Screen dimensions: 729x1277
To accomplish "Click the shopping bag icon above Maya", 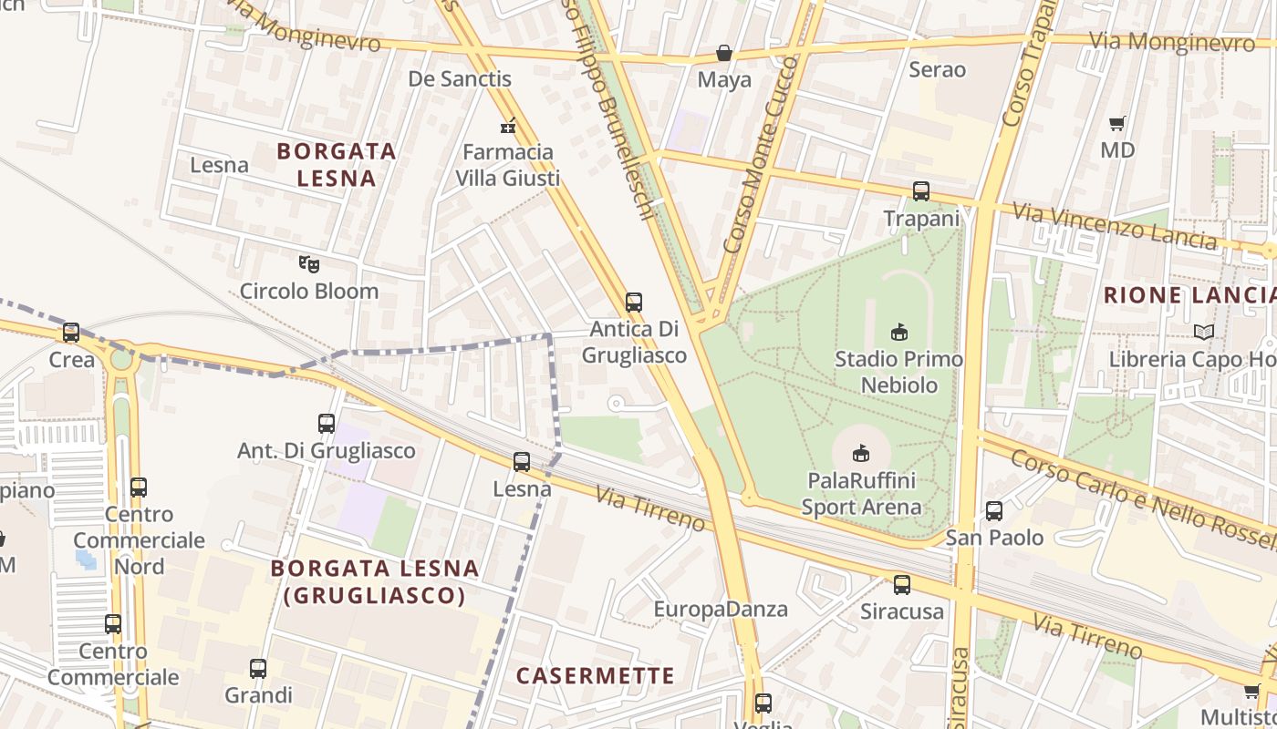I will (x=724, y=54).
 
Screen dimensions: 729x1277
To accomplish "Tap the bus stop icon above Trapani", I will (x=921, y=191).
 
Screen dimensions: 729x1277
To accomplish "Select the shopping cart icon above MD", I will (x=1117, y=123).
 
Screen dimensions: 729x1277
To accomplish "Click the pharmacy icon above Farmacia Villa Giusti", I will (x=508, y=126).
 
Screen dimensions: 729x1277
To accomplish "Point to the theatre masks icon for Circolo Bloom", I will (x=309, y=264).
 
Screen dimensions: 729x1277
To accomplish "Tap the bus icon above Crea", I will (x=71, y=333).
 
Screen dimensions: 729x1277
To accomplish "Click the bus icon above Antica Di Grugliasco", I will (x=634, y=302).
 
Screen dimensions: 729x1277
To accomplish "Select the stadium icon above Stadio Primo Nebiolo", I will (x=899, y=332).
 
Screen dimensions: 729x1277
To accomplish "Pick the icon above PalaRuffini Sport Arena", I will (x=860, y=452).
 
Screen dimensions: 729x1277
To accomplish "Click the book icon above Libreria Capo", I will (x=1204, y=332).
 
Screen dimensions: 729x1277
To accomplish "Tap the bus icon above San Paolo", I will (x=994, y=511).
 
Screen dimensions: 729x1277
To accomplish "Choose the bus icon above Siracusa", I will (x=902, y=585).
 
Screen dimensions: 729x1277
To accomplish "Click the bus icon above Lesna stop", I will (x=522, y=462).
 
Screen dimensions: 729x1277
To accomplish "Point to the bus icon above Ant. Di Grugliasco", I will (x=327, y=424).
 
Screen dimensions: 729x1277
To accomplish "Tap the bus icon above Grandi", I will (x=258, y=669).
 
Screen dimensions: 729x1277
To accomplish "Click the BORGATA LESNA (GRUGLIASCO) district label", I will (x=375, y=582).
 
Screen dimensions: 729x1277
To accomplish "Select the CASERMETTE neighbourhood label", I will (x=595, y=676).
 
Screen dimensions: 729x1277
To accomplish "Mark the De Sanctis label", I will (x=460, y=79).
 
